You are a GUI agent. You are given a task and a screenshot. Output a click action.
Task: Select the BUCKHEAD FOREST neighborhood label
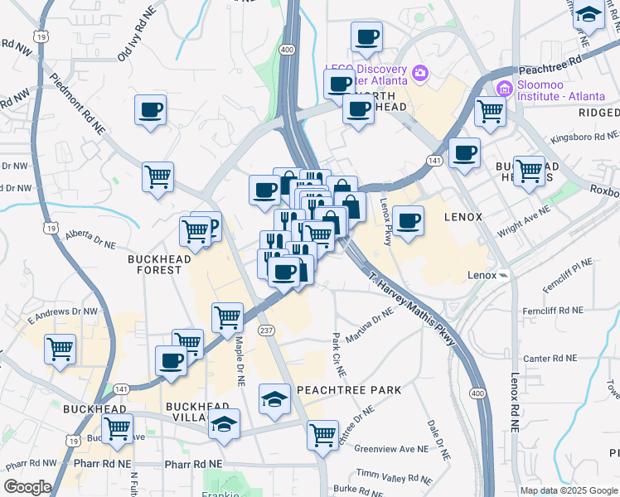(x=154, y=264)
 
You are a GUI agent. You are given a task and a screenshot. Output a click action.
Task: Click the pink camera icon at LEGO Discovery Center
(x=420, y=75)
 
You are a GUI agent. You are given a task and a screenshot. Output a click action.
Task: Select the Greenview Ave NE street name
(x=391, y=448)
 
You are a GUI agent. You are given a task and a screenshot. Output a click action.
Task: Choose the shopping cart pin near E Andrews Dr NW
(x=60, y=349)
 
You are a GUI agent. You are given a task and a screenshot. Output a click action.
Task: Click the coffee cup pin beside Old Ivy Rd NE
(x=150, y=109)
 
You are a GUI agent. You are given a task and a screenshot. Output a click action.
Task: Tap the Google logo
(x=27, y=487)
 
